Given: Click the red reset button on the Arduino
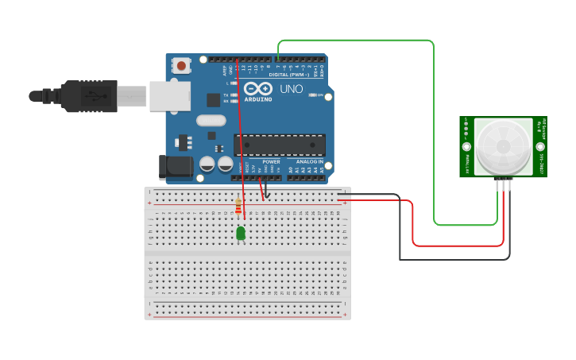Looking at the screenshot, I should click(182, 66).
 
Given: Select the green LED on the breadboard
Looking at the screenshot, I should click(241, 233).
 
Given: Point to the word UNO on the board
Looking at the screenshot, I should click(292, 89).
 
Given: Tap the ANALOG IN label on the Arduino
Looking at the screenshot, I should click(309, 162).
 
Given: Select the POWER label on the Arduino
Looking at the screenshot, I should click(271, 162).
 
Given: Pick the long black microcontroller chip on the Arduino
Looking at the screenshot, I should click(279, 145).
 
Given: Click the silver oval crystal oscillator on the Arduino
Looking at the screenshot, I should click(211, 121).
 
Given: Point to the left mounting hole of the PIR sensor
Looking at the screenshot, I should click(466, 147).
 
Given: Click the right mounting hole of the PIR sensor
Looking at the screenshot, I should click(540, 147).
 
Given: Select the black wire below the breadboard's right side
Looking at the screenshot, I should click(453, 259).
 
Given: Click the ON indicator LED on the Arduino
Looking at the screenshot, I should click(311, 95).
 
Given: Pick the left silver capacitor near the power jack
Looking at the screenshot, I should click(207, 164).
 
